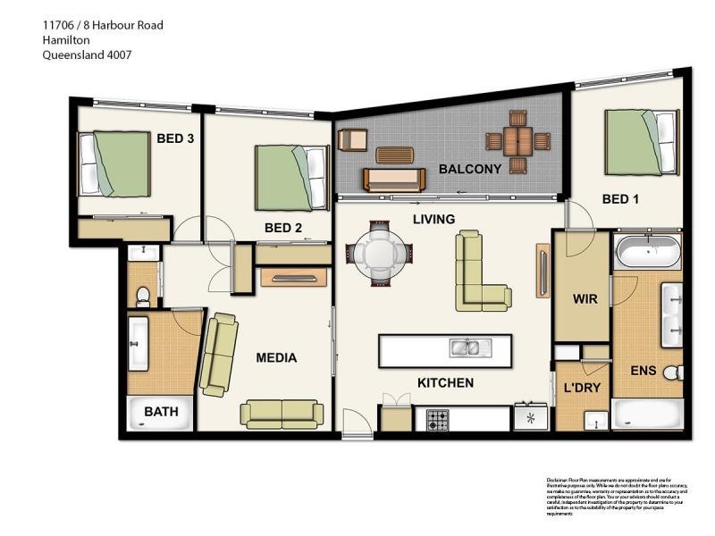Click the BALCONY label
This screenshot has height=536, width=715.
coord(469,169)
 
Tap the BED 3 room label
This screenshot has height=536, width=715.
coord(175,138)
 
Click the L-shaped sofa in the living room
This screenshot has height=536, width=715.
coord(478,272)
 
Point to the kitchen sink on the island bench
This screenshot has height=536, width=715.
coord(465,348)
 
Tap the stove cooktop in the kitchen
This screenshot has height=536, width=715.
coord(438,418)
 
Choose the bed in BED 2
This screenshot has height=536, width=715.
coord(291,177)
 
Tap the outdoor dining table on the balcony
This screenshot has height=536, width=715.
coord(517,141)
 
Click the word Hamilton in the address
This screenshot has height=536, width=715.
coord(67,40)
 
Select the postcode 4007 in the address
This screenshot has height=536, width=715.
coord(118,54)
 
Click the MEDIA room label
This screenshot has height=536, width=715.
coord(276,358)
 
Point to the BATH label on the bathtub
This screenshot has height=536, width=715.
coord(161,412)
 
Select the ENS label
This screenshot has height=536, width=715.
coord(643,371)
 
